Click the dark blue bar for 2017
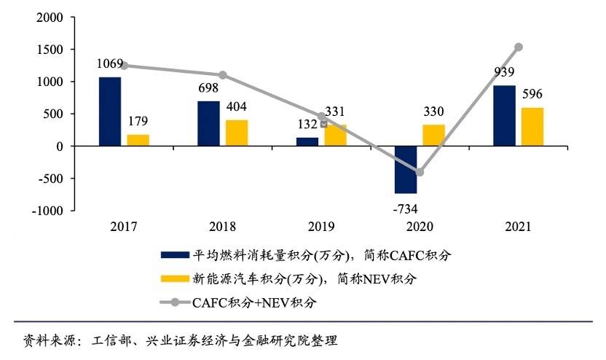pos(110,111)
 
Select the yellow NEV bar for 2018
pos(237,133)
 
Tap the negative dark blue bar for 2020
pos(406,169)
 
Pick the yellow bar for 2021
pos(532,127)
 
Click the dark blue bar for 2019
pos(307,141)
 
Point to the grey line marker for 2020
pos(420,172)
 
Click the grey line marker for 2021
pos(519,47)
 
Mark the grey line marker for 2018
pos(223,75)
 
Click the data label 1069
pos(111,63)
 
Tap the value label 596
pos(532,95)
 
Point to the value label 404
pos(237,106)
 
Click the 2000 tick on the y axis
pos(47,17)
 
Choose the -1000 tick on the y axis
pos(44,211)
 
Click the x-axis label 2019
pos(320,227)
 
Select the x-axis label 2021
pos(518,227)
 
